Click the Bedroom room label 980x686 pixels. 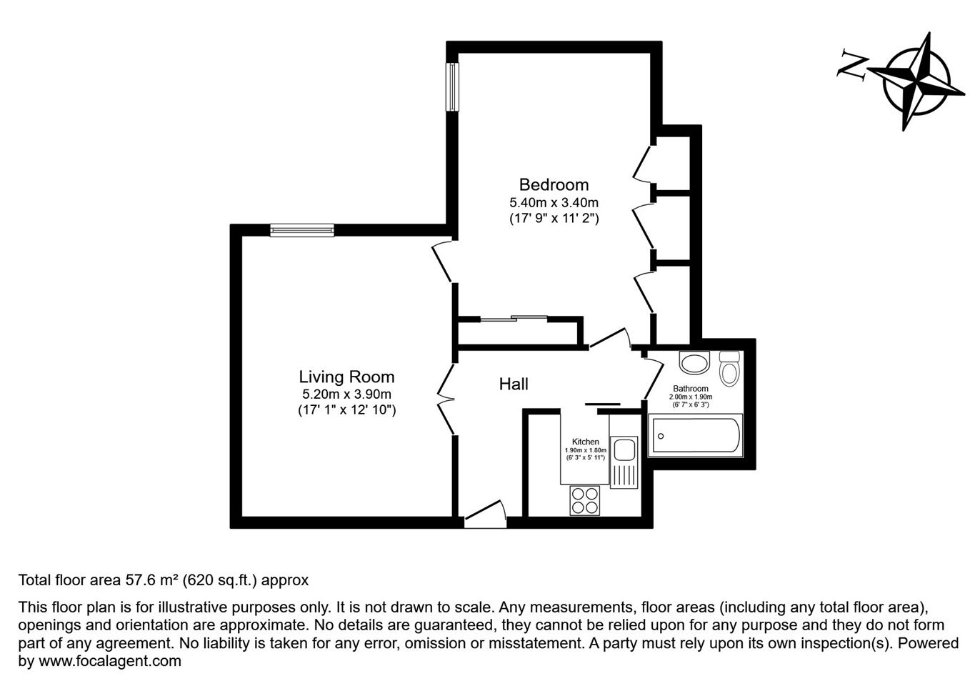tap(554, 185)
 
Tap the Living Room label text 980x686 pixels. tap(346, 377)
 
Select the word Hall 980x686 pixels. tap(514, 384)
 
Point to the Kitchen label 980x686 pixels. tap(586, 442)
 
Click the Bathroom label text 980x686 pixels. tap(691, 388)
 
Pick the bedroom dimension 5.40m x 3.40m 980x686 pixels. tap(554, 203)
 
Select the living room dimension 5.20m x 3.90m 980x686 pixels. tap(346, 394)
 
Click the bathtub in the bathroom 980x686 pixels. tap(695, 436)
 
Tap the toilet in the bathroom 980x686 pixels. tap(729, 369)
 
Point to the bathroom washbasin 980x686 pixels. tap(694, 362)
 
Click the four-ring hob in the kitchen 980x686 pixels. tap(585, 501)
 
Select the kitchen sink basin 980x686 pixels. tap(624, 449)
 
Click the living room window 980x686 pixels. tap(302, 230)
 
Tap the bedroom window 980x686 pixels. tap(452, 86)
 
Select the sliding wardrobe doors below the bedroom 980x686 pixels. tap(514, 318)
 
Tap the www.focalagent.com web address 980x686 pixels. tap(110, 660)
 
